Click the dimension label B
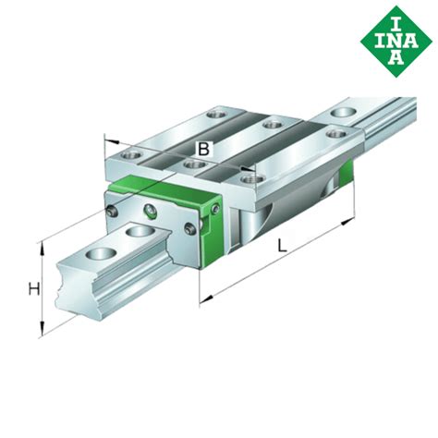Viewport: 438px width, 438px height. pos(204,149)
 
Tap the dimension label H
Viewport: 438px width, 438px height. pos(33,289)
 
